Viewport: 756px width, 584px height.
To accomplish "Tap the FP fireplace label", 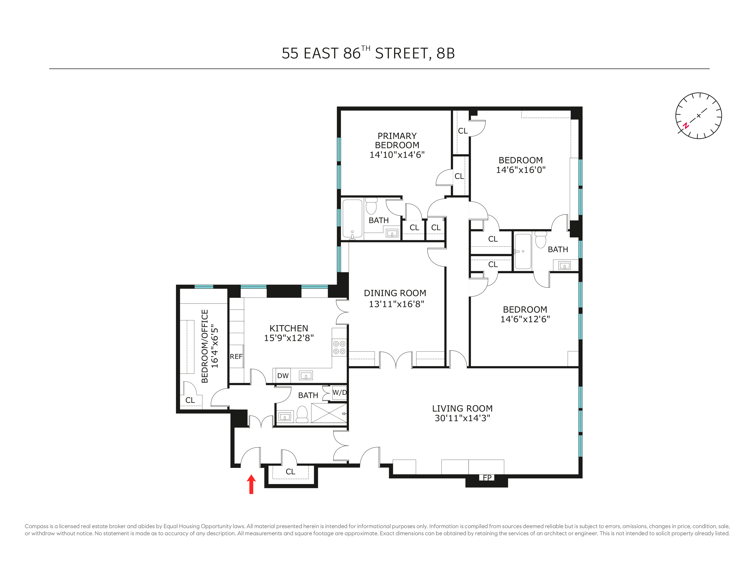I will (487, 478).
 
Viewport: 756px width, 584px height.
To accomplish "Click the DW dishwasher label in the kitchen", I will (283, 376).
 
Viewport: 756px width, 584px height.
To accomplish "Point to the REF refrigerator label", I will (236, 356).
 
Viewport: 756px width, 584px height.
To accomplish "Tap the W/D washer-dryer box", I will (339, 393).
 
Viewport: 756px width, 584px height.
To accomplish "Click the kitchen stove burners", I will (339, 347).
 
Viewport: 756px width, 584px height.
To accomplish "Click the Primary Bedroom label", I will (397, 140).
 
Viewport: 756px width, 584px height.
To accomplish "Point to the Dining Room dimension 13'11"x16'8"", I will (396, 304).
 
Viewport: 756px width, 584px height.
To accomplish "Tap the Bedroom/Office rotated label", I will (205, 346).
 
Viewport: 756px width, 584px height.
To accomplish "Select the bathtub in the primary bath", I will (352, 219).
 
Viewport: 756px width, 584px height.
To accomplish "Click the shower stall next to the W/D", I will (329, 413).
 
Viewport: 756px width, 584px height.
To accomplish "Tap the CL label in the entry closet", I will (290, 472).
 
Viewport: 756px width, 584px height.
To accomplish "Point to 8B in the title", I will (446, 53).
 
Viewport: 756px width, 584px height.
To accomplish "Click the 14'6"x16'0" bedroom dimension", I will (521, 170).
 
